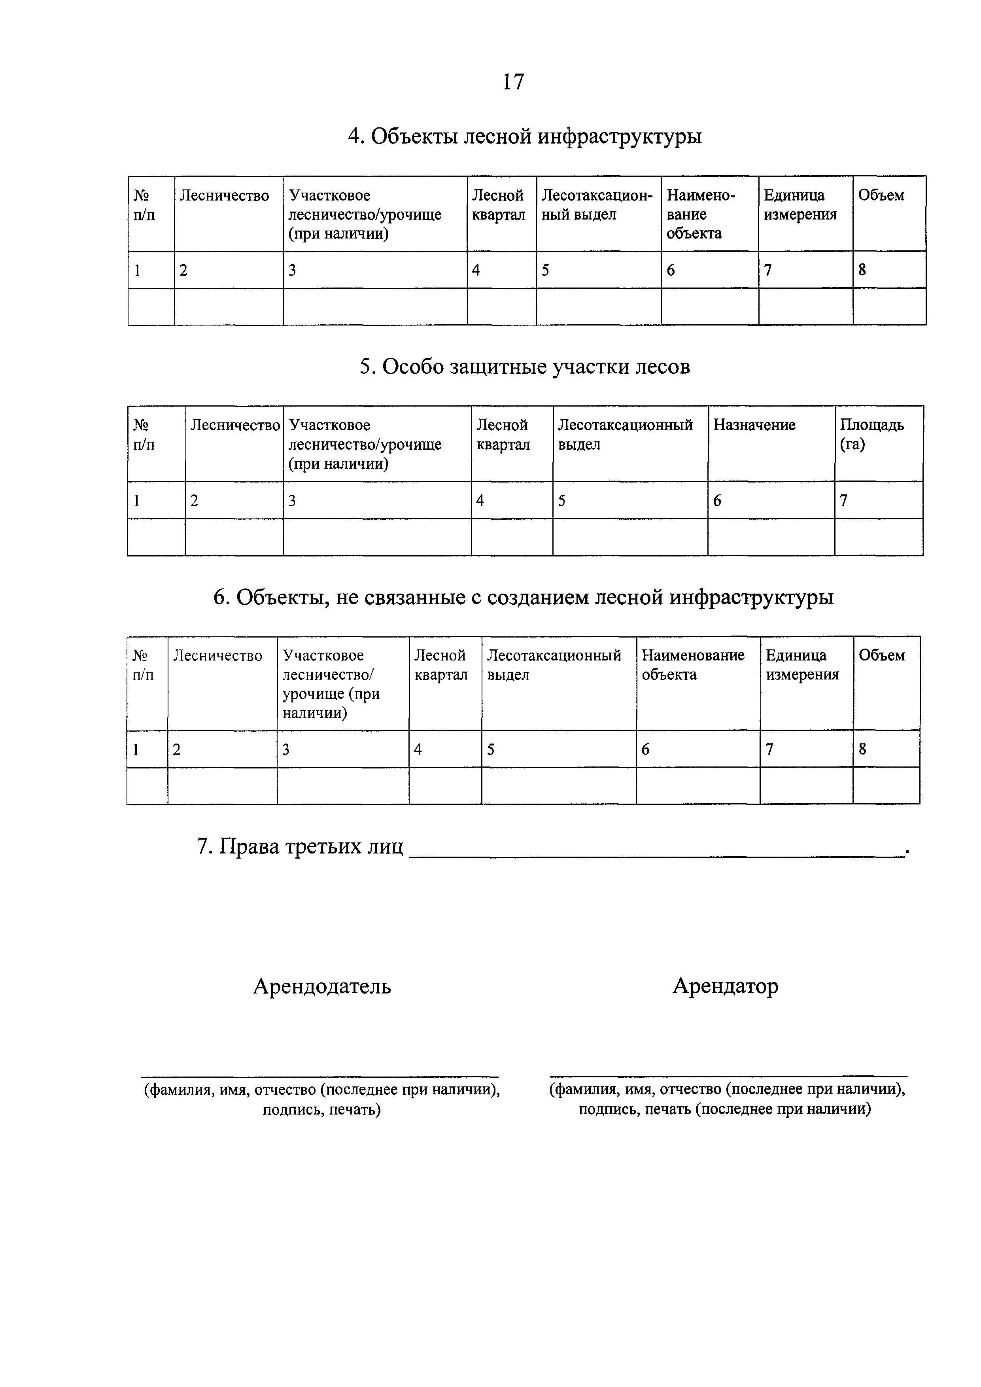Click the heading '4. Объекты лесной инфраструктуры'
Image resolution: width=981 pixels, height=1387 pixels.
pos(524,136)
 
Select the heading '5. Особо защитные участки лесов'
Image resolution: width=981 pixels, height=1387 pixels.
pos(524,367)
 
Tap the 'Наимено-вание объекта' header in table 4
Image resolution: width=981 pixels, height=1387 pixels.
pos(701,214)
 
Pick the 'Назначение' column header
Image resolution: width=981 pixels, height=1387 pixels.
pos(754,425)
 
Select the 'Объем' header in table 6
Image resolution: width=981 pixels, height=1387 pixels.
pos(881,655)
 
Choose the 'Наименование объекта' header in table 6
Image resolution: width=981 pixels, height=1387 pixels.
pos(693,665)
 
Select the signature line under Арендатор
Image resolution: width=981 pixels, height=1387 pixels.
pos(728,1076)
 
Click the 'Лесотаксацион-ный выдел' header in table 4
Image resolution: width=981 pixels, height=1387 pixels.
pos(597,205)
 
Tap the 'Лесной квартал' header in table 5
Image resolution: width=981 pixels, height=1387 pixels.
pos(503,435)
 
